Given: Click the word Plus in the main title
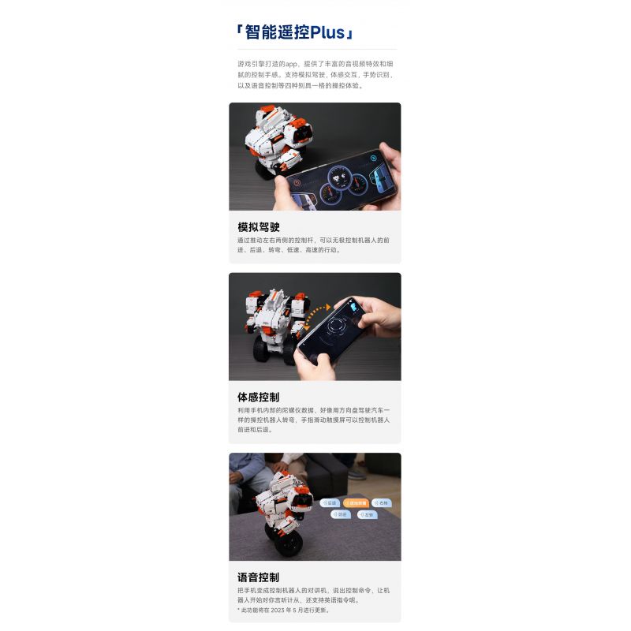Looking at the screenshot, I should click(x=327, y=33).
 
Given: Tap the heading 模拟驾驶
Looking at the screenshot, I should click(x=259, y=227).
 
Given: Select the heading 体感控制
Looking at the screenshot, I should click(x=259, y=397).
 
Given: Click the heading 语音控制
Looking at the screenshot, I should click(x=259, y=577).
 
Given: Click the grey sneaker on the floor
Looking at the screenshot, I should click(x=357, y=473).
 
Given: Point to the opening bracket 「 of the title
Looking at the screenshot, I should click(x=239, y=33).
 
